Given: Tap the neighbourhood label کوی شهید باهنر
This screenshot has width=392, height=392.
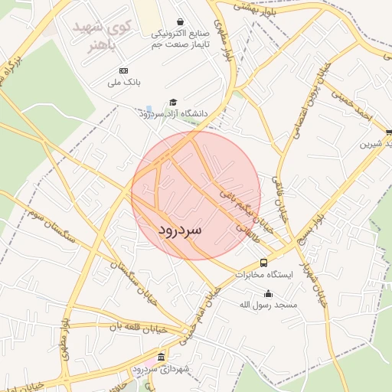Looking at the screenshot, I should pyautogui.click(x=103, y=34).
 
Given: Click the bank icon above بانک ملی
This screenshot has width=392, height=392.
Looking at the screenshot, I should pyautogui.click(x=124, y=70).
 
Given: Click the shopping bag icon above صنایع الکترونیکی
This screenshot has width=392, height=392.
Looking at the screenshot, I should pyautogui.click(x=180, y=22).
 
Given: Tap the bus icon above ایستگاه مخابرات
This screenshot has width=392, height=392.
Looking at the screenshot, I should pyautogui.click(x=263, y=263).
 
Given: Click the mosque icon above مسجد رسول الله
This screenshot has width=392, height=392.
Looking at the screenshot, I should pyautogui.click(x=268, y=293).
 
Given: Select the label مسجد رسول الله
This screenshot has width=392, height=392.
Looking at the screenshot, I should pyautogui.click(x=268, y=305).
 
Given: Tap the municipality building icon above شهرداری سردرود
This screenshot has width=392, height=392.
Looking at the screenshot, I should pyautogui.click(x=161, y=358).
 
